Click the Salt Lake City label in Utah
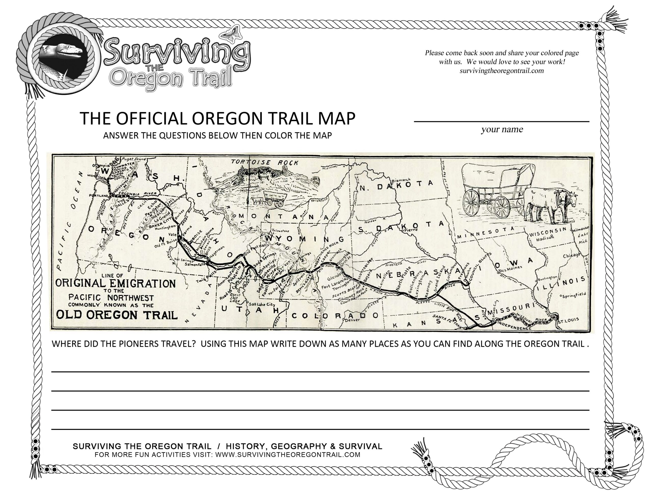click(x=262, y=304)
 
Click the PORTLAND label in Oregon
click(x=98, y=195)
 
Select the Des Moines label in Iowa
click(x=510, y=268)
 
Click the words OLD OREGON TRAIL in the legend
click(x=117, y=315)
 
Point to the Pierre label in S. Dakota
click(x=411, y=230)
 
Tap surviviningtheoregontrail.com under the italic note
click(x=501, y=71)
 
